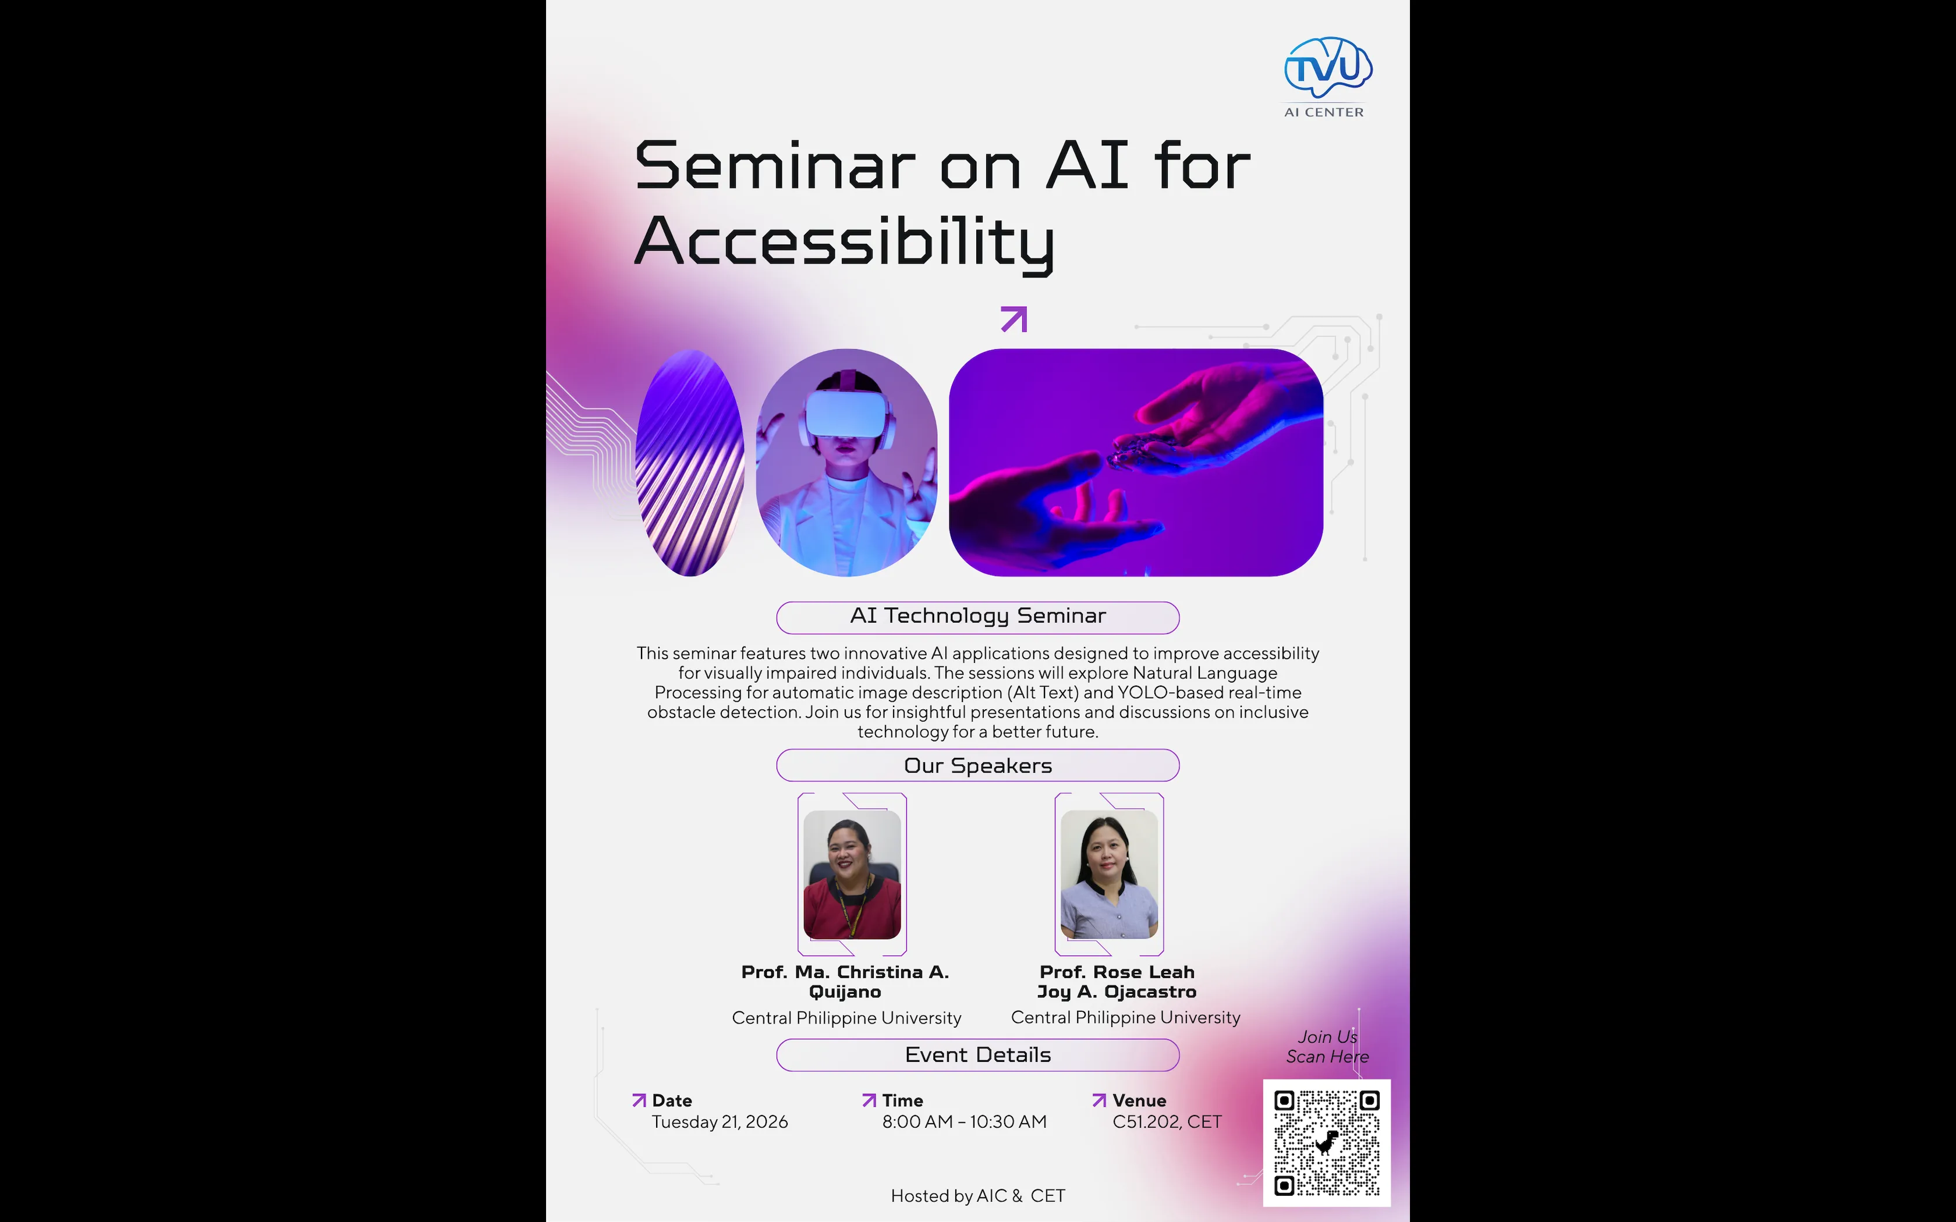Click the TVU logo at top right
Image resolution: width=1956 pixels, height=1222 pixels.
point(1328,68)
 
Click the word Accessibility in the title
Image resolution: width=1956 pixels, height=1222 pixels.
point(844,241)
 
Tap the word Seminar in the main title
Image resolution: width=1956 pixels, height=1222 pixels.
point(774,166)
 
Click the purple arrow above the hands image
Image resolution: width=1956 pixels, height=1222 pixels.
point(1014,319)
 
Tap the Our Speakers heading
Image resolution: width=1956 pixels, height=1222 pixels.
point(977,765)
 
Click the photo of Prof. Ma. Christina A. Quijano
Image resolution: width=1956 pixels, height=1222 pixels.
point(852,875)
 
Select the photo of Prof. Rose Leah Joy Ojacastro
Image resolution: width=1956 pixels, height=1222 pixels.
point(1109,875)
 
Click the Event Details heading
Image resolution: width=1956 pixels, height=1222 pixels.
point(977,1054)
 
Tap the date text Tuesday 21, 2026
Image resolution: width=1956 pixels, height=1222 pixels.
point(720,1122)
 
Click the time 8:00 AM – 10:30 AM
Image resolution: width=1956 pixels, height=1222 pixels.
point(963,1122)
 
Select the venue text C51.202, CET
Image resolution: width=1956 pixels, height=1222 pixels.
point(1167,1122)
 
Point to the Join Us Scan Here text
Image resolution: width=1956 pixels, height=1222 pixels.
point(1327,1047)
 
